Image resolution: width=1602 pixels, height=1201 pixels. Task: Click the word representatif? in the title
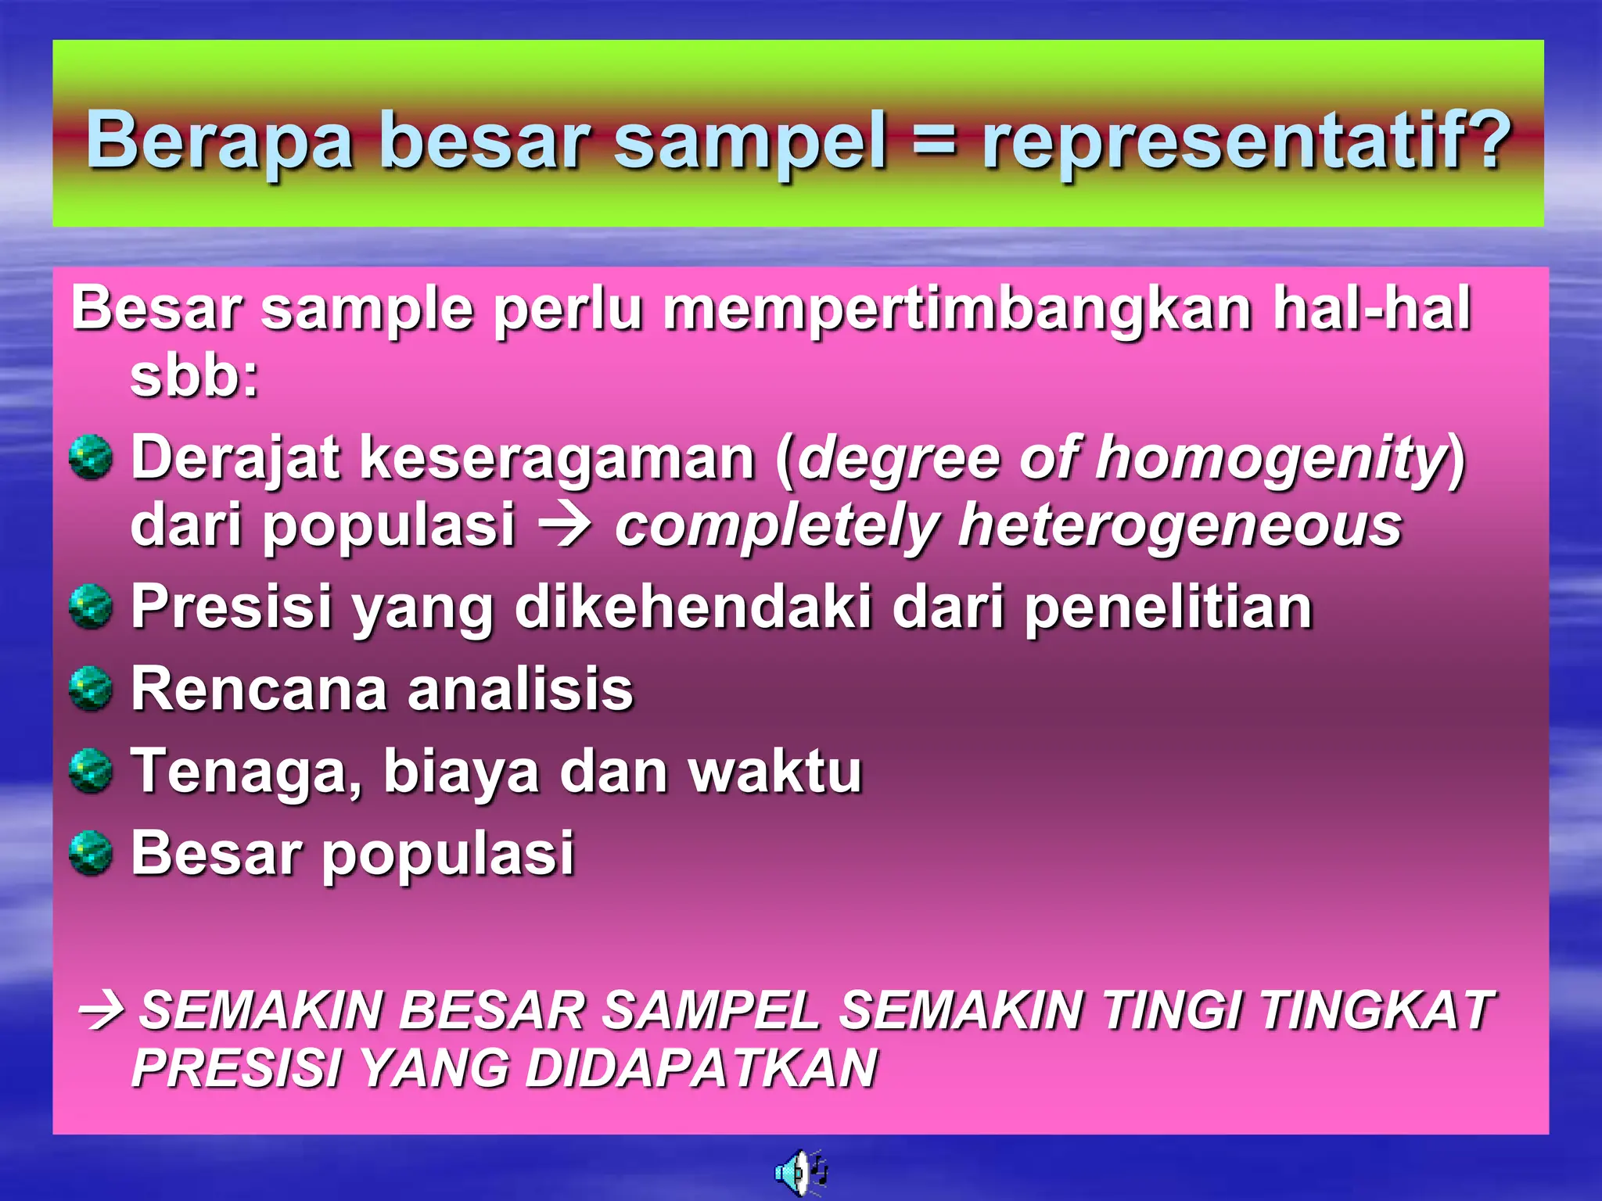pyautogui.click(x=1245, y=141)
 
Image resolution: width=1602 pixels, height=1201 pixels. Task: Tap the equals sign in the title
pyautogui.click(x=934, y=141)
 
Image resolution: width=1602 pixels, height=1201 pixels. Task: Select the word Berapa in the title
pyautogui.click(x=220, y=141)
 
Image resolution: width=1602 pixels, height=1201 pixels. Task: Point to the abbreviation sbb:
pyautogui.click(x=194, y=376)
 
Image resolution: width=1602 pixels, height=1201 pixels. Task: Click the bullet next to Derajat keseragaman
pyautogui.click(x=91, y=457)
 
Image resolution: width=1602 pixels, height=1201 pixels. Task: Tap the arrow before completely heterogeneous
pyautogui.click(x=565, y=525)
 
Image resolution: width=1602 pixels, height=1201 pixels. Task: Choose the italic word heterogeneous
pyautogui.click(x=1180, y=525)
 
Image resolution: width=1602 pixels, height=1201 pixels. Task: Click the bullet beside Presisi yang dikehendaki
pyautogui.click(x=91, y=607)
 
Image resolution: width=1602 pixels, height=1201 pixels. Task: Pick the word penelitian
pyautogui.click(x=1168, y=608)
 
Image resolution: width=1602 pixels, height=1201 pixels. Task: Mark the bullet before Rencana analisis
pyautogui.click(x=91, y=689)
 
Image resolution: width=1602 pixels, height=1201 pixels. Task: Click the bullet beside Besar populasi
pyautogui.click(x=91, y=852)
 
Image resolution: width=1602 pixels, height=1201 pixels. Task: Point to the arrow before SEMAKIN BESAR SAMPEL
pyautogui.click(x=102, y=1009)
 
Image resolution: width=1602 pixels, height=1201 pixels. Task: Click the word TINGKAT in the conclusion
pyautogui.click(x=1377, y=1009)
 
